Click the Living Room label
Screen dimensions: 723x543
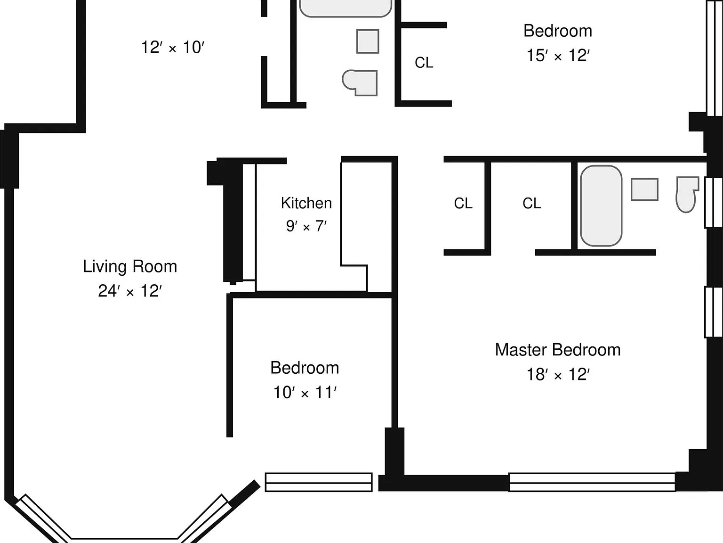click(130, 266)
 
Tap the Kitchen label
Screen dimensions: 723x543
click(306, 203)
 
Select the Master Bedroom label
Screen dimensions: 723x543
click(558, 350)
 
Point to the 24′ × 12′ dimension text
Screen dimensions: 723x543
click(130, 291)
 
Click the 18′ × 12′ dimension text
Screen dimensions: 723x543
click(558, 375)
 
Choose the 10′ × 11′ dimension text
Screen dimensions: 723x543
click(305, 392)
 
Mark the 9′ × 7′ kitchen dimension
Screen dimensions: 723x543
click(306, 226)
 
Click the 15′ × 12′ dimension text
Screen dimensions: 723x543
click(558, 56)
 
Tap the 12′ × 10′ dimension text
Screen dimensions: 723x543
click(173, 47)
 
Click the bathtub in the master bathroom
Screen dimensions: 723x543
click(601, 206)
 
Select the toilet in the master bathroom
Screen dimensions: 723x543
click(687, 195)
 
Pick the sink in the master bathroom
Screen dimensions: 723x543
click(644, 189)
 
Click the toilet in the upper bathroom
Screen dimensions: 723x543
click(360, 83)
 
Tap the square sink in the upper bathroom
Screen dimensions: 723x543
click(368, 41)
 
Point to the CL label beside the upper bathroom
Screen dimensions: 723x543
click(424, 63)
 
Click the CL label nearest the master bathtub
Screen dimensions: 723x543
click(531, 203)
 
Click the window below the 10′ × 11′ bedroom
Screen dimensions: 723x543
click(319, 482)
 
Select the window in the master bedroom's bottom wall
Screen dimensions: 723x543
click(592, 482)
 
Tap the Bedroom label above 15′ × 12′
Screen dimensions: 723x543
click(558, 31)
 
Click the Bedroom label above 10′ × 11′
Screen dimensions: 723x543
click(305, 368)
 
